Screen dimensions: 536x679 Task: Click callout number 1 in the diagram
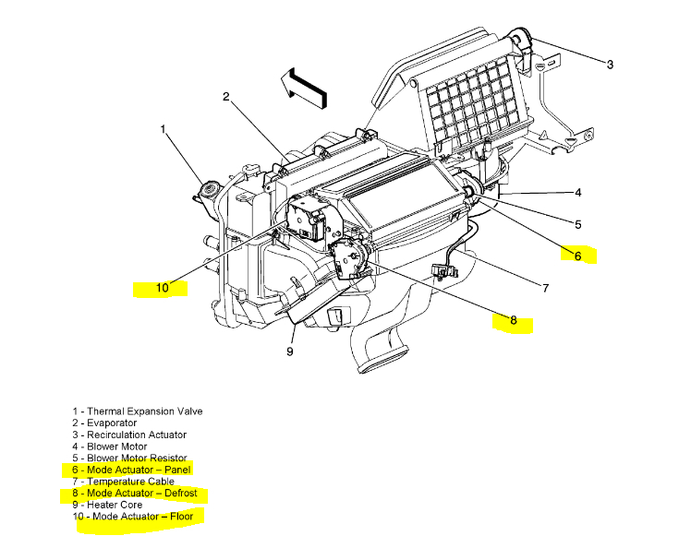[x=164, y=129]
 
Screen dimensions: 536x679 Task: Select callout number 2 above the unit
[x=225, y=97]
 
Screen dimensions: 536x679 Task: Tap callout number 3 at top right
[x=610, y=64]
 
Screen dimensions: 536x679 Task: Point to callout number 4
[x=577, y=193]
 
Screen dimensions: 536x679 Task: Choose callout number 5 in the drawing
[x=577, y=224]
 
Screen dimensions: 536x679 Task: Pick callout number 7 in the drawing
[x=545, y=288]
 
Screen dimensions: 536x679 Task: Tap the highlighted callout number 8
[x=513, y=322]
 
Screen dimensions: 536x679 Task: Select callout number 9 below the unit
[x=289, y=351]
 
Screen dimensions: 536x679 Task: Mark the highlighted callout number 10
[x=162, y=288]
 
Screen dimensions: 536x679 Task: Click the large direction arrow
[x=303, y=84]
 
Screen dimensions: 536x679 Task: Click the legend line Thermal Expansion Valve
[x=138, y=411]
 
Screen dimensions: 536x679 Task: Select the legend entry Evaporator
[x=110, y=423]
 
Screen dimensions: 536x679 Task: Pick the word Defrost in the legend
[x=177, y=494]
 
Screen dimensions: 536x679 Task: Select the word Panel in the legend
[x=173, y=470]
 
